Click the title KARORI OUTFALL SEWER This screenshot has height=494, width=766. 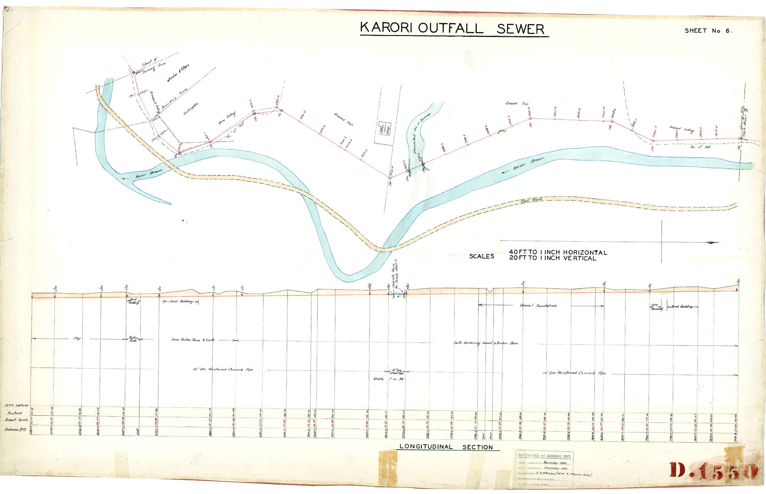click(x=453, y=29)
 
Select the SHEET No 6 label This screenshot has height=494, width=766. click(x=708, y=31)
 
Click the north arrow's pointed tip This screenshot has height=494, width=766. click(x=718, y=242)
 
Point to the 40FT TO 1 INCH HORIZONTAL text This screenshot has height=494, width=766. click(x=558, y=252)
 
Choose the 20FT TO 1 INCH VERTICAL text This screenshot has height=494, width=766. click(x=552, y=259)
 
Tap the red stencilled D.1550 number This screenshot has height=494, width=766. click(x=713, y=471)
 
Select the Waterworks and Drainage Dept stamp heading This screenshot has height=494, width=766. click(x=544, y=456)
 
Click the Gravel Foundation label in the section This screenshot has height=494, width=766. click(x=538, y=306)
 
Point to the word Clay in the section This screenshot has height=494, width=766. click(x=77, y=339)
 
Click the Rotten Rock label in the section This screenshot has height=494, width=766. click(x=133, y=339)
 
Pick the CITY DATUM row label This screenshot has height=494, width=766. click(x=16, y=405)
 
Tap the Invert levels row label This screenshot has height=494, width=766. click(x=16, y=420)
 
